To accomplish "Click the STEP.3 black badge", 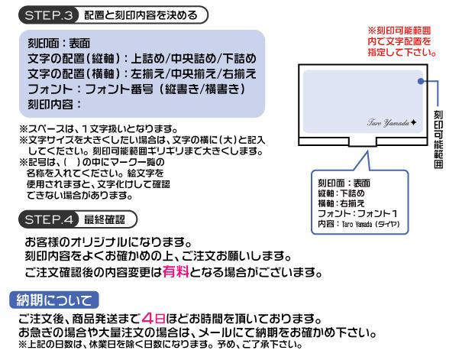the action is coord(48,15).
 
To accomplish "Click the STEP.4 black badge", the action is coord(48,219).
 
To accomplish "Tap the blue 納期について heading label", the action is coord(54,300).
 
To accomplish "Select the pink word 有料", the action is coord(176,272).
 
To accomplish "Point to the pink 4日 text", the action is coord(154,318).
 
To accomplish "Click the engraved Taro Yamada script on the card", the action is coord(388,122).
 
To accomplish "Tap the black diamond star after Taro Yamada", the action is coord(413,122).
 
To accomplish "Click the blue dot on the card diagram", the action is coord(421,81).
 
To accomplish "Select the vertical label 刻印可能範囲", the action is coord(438,139).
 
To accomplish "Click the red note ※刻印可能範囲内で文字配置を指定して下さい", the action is coord(402,41).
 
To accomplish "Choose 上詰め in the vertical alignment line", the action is coord(147,59).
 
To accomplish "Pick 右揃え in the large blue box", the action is coord(239,74).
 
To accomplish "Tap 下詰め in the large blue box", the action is coord(239,59).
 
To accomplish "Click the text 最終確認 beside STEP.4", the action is coord(105,219).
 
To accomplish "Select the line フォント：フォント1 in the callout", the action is coord(357,213).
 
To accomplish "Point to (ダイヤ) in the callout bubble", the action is coord(387,225).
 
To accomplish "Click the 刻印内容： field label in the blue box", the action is coord(54,104).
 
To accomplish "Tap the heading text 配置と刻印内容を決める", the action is coord(141,15).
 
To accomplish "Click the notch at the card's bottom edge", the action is coord(363,141).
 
